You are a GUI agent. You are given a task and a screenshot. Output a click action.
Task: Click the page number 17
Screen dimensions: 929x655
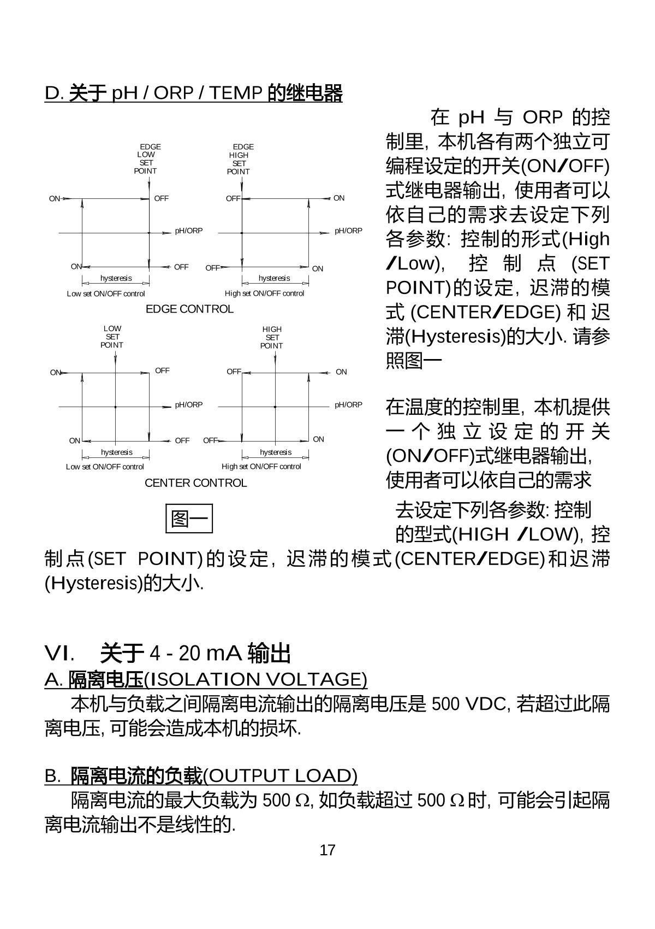tap(327, 850)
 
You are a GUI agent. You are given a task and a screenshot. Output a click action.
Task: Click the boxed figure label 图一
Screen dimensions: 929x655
tap(189, 519)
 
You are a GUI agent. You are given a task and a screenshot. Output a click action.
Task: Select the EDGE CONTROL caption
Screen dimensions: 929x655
tap(189, 309)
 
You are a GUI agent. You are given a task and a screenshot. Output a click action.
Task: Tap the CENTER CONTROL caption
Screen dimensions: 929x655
tap(195, 483)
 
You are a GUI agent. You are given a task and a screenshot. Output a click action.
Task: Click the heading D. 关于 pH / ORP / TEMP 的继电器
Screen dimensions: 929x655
tap(193, 93)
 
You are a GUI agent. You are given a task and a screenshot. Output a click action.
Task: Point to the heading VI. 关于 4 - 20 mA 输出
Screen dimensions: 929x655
tap(168, 653)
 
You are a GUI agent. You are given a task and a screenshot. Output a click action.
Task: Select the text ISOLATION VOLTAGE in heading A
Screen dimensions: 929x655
tap(255, 679)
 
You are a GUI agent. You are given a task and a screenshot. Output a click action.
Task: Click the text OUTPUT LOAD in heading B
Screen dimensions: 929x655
tap(280, 775)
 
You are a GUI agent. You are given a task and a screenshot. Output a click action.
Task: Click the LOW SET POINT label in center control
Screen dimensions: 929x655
tap(112, 337)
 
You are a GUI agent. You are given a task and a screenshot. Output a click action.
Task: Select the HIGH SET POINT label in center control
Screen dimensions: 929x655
tap(272, 337)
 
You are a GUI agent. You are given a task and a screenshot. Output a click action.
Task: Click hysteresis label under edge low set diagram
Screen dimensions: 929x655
tap(116, 278)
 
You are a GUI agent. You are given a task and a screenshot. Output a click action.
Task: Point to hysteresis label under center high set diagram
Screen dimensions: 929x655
tap(276, 452)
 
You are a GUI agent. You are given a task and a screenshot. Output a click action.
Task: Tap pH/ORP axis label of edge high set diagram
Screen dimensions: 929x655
tap(348, 231)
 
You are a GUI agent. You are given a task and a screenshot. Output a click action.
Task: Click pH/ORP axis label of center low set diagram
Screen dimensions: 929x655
tap(188, 405)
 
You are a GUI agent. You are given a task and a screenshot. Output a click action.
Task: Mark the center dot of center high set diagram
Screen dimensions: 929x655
tap(275, 407)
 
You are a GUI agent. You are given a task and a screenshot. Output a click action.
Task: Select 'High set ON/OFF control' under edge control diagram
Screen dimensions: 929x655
tap(264, 293)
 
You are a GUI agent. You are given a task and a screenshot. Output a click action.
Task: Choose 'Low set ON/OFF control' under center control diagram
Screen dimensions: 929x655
tap(105, 467)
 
